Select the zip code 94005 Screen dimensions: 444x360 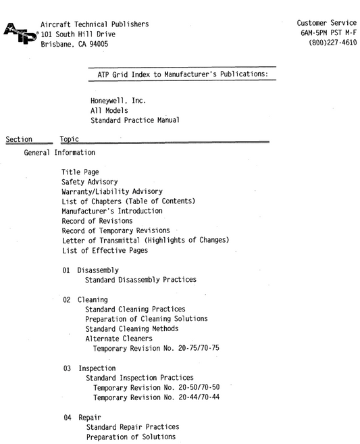tap(96, 45)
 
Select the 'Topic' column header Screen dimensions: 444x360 tap(70, 139)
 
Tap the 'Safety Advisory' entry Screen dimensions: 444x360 tap(89, 182)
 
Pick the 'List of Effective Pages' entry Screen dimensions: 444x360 tap(103, 250)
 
